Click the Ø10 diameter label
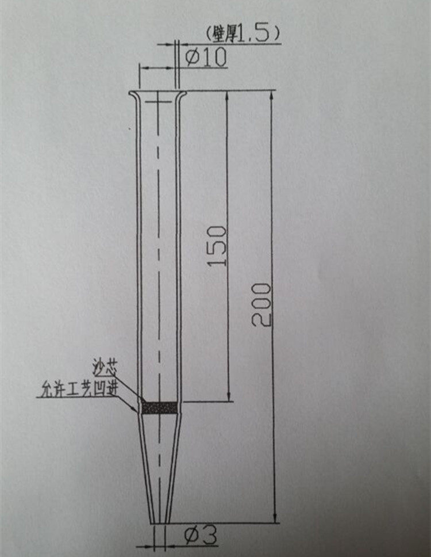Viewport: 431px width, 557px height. tap(206, 57)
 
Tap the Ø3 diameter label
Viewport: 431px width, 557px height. tap(200, 535)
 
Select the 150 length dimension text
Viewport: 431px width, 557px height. tap(217, 246)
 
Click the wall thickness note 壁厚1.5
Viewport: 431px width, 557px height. tap(243, 34)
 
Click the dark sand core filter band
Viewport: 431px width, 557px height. tap(159, 408)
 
